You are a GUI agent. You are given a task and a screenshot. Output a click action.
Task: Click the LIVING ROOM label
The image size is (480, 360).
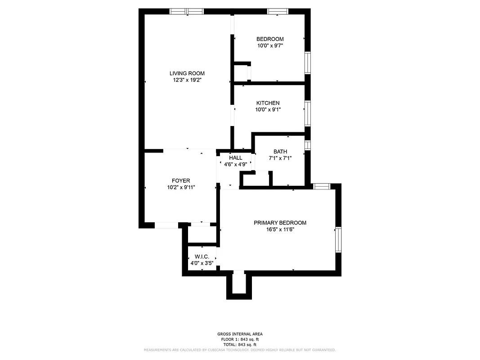point(187,73)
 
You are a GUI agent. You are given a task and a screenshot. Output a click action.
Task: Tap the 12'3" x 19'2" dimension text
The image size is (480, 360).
point(187,80)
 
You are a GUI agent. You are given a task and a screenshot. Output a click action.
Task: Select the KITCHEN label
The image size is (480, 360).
point(268,103)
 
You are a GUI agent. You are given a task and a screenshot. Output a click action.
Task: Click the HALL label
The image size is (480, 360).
point(235,158)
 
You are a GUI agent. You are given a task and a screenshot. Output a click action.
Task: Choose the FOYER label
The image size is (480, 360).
point(180,181)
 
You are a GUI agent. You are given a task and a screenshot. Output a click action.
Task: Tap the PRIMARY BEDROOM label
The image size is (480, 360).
point(280,223)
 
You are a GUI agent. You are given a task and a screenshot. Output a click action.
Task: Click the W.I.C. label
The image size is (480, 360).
point(202,256)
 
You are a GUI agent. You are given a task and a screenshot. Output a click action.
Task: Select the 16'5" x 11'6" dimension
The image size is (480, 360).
point(280,229)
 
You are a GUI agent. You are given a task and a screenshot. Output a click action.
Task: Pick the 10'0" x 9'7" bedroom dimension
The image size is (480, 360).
point(270,45)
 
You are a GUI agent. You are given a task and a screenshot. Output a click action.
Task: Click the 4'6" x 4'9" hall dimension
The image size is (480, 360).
point(235,164)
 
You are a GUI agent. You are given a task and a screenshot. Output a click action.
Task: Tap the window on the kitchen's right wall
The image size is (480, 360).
point(308,113)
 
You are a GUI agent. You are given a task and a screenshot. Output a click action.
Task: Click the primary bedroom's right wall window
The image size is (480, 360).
point(338,240)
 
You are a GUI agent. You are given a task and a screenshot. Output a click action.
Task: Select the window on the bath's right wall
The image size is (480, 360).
point(308,145)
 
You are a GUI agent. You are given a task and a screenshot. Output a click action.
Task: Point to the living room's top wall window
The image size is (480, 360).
point(186,11)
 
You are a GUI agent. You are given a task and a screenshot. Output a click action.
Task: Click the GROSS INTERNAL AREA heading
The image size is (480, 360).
point(240,334)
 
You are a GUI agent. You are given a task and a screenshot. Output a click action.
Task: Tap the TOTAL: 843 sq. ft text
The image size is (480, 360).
point(240,344)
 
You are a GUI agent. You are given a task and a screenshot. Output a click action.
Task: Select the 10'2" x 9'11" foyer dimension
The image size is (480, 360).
point(180,188)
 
